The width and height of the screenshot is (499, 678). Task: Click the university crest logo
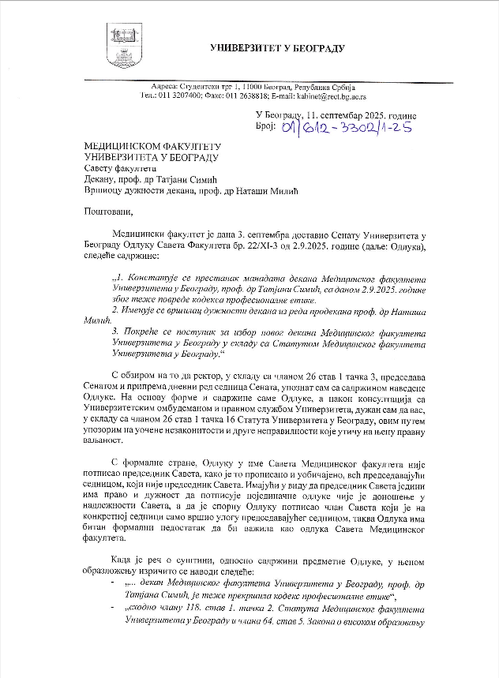click(x=119, y=47)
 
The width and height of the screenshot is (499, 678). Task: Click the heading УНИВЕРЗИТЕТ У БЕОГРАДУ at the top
click(x=277, y=48)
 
